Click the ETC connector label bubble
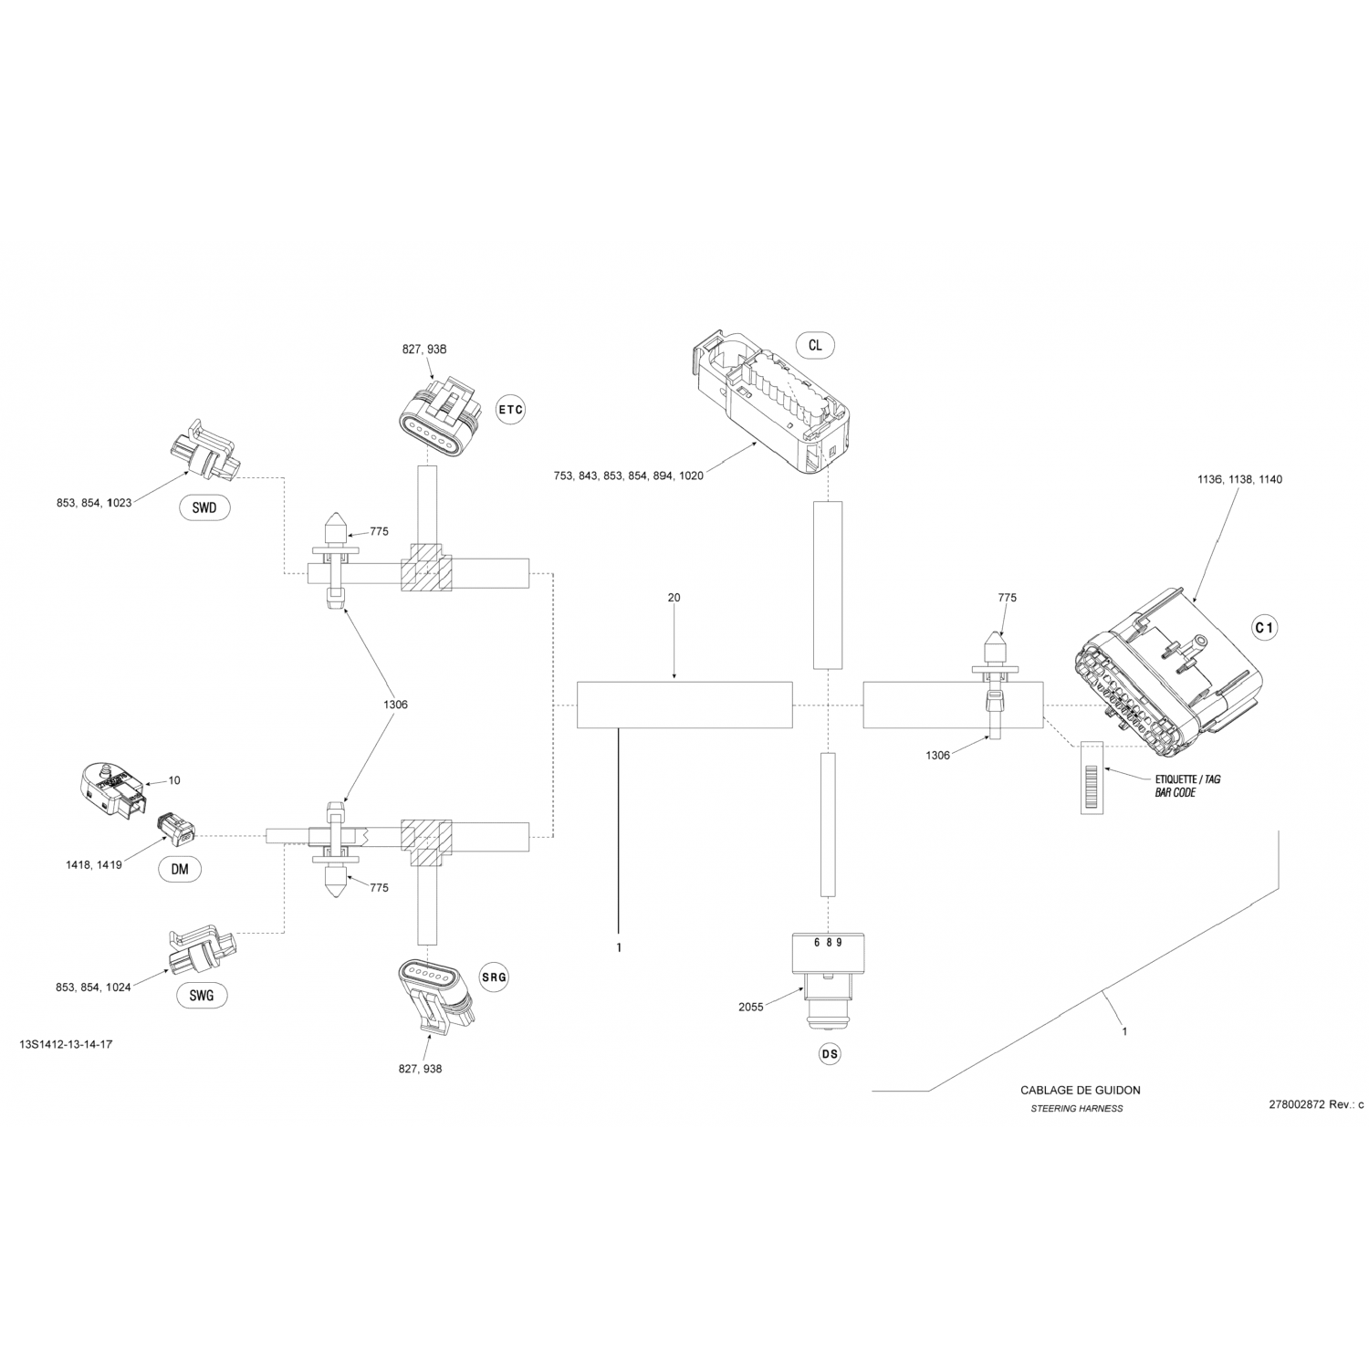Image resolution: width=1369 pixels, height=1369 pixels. pos(511,410)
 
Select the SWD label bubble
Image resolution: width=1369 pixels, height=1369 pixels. pos(204,507)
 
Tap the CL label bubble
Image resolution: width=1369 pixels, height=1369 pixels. pos(815,345)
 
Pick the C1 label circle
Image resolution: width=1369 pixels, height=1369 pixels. pos(1264,628)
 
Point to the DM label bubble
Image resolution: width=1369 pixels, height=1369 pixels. pos(180,870)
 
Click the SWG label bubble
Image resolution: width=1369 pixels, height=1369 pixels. pos(201,996)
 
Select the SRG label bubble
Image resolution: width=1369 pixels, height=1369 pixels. pos(493,977)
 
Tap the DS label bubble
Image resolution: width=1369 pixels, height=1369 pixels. pos(829,1054)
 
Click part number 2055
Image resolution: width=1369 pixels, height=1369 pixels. pos(751,1007)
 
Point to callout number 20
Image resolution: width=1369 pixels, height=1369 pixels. pos(674,598)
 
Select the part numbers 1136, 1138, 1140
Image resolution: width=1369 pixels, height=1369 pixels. pos(1239,479)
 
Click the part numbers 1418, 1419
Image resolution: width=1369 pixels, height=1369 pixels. pos(93,864)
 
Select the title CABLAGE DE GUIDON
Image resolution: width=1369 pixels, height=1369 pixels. pos(1080,1090)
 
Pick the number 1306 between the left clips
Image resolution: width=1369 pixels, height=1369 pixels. pos(395,705)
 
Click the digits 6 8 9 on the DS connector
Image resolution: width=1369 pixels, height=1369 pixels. pos(828,943)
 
